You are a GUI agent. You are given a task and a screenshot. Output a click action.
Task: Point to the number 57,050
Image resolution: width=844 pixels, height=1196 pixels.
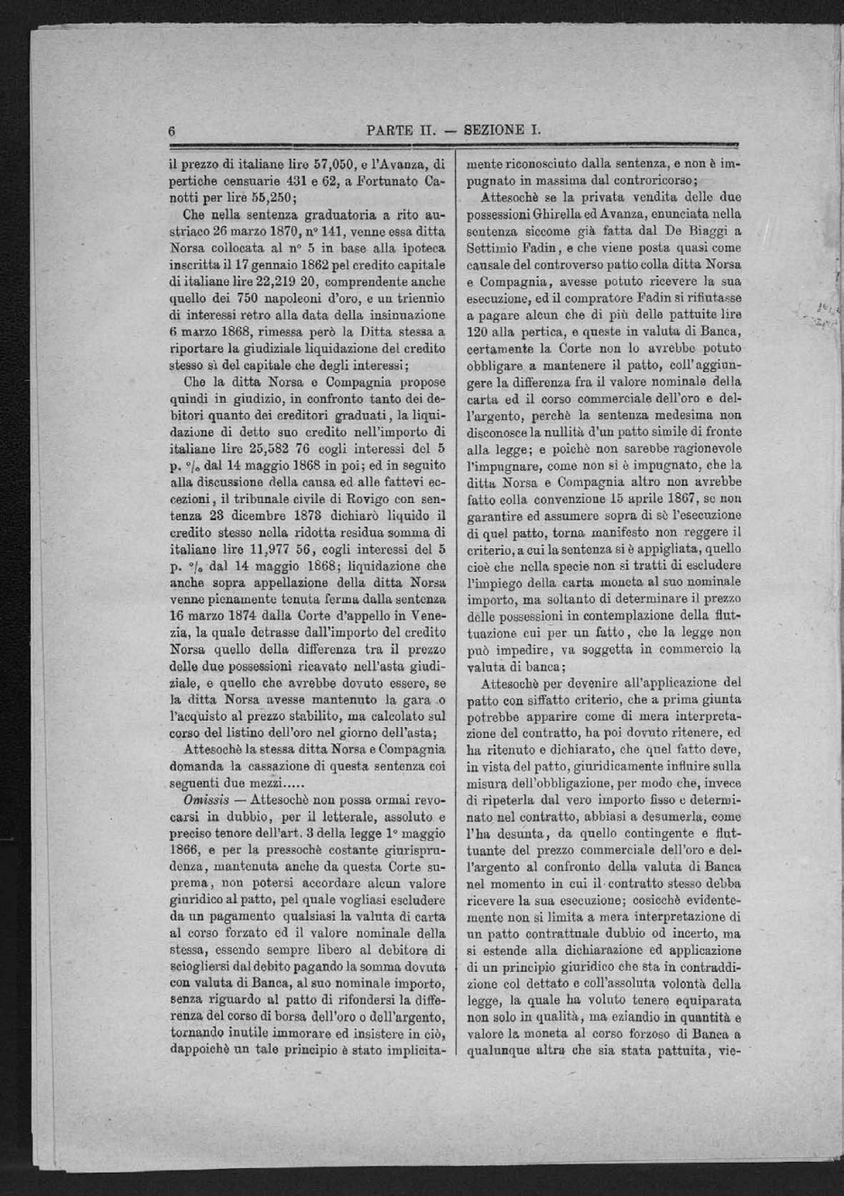307,165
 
